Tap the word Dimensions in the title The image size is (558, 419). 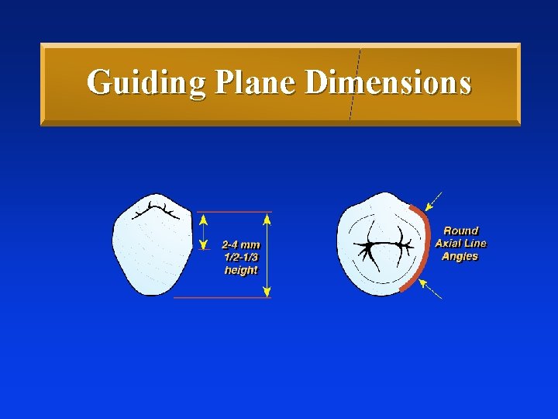tap(388, 82)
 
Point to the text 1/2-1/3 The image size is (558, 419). tap(241, 257)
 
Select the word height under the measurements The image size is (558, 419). tap(241, 271)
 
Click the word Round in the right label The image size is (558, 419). tap(461, 230)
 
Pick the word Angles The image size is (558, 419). tap(460, 256)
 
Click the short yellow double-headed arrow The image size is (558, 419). tap(204, 230)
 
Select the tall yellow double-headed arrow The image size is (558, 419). tap(267, 255)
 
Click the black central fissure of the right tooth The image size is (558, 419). tap(383, 246)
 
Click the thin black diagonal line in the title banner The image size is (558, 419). tap(355, 85)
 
